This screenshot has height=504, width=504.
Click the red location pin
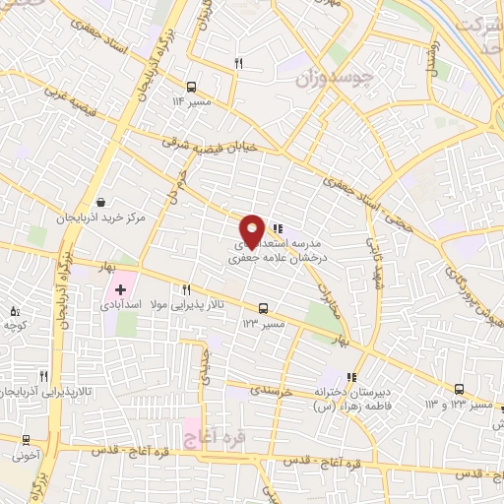[252, 230]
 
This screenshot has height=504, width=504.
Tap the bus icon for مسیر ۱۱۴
[189, 86]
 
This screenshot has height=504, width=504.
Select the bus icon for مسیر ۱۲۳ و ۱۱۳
[460, 389]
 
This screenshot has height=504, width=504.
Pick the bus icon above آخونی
[26, 440]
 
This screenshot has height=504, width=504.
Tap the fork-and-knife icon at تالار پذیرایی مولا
[185, 289]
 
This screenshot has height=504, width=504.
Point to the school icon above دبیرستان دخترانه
[351, 376]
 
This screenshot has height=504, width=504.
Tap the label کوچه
[13, 324]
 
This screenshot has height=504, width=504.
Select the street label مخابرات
[327, 286]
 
